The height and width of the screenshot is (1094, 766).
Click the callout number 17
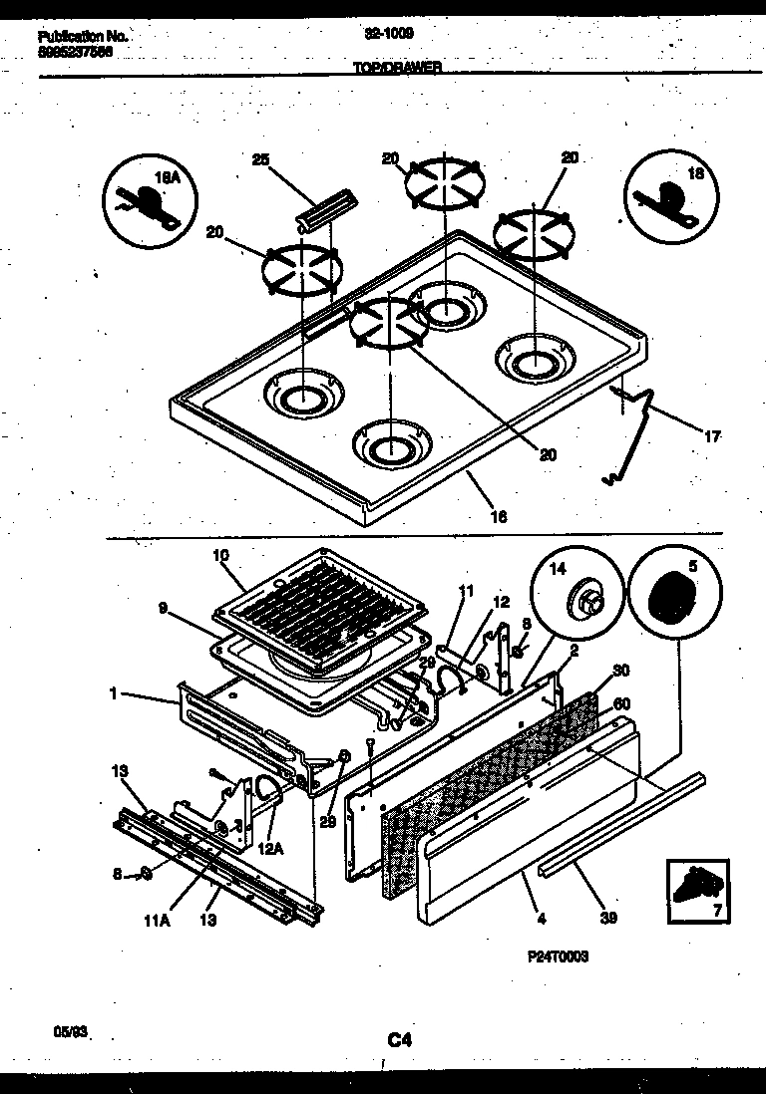point(712,436)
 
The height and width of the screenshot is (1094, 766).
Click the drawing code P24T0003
point(558,956)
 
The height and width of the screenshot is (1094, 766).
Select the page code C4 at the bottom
point(400,1040)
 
